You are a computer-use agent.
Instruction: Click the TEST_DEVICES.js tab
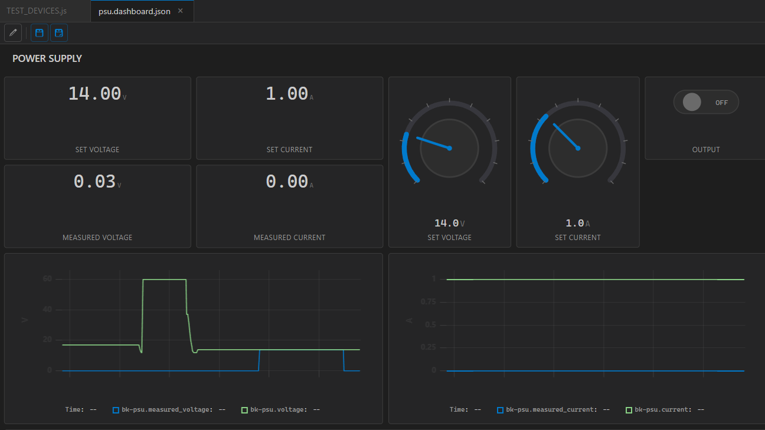tap(37, 11)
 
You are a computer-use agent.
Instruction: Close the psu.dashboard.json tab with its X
tap(181, 11)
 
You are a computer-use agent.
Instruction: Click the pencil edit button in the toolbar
tap(13, 33)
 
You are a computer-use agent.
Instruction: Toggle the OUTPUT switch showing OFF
tap(705, 103)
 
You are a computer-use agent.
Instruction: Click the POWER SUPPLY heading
tap(47, 58)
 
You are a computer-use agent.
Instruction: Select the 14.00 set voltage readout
tap(94, 94)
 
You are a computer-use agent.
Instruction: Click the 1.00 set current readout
tap(287, 94)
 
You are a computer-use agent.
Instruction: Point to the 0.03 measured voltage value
tap(94, 182)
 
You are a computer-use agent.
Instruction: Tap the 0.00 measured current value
tap(287, 182)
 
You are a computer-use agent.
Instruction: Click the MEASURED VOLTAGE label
tap(97, 238)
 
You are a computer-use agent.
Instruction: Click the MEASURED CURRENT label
tap(289, 238)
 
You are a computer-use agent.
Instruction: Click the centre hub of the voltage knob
tap(449, 148)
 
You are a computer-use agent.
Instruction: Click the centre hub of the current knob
tap(578, 148)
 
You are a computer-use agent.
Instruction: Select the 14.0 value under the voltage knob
tap(447, 224)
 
